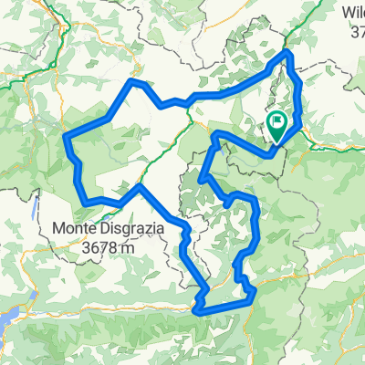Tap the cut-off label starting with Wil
click(x=352, y=12)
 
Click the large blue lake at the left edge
click(x=7, y=315)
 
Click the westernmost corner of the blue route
click(x=66, y=138)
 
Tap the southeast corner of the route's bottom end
click(x=252, y=293)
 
